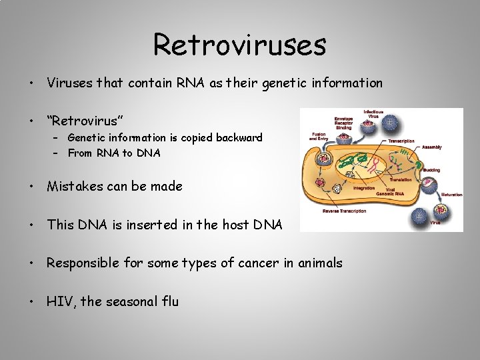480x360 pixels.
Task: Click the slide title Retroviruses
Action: tap(239, 45)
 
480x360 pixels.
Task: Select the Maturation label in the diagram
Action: tap(451, 195)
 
